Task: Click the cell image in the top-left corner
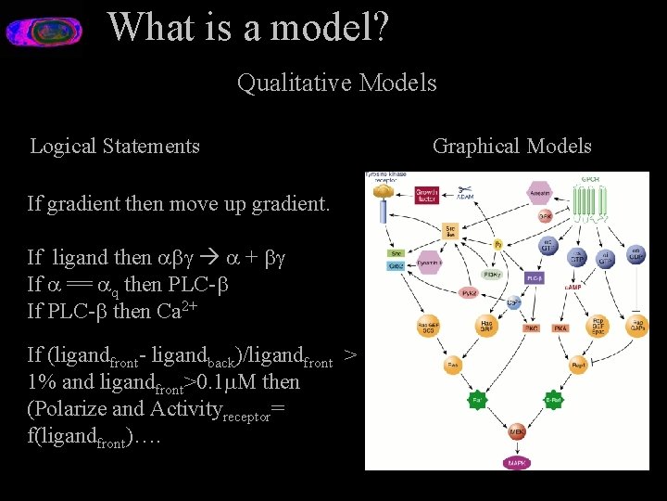[x=44, y=32]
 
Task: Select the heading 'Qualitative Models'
[x=336, y=83]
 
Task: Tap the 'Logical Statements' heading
[x=115, y=146]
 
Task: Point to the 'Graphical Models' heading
[x=511, y=146]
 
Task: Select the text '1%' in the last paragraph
[x=42, y=381]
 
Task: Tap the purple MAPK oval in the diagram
[x=517, y=461]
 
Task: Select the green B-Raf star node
[x=553, y=401]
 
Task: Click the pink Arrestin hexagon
[x=539, y=193]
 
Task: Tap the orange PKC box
[x=531, y=328]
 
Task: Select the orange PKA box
[x=560, y=328]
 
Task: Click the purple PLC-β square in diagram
[x=535, y=277]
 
